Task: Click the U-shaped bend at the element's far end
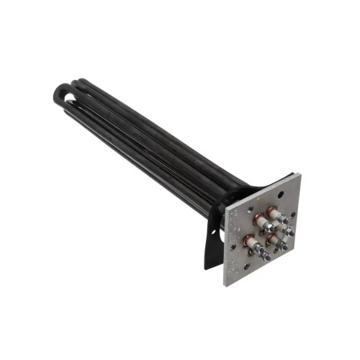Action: tap(60, 94)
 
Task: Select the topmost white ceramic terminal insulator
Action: tap(274, 213)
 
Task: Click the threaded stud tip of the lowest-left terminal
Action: tap(267, 257)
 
